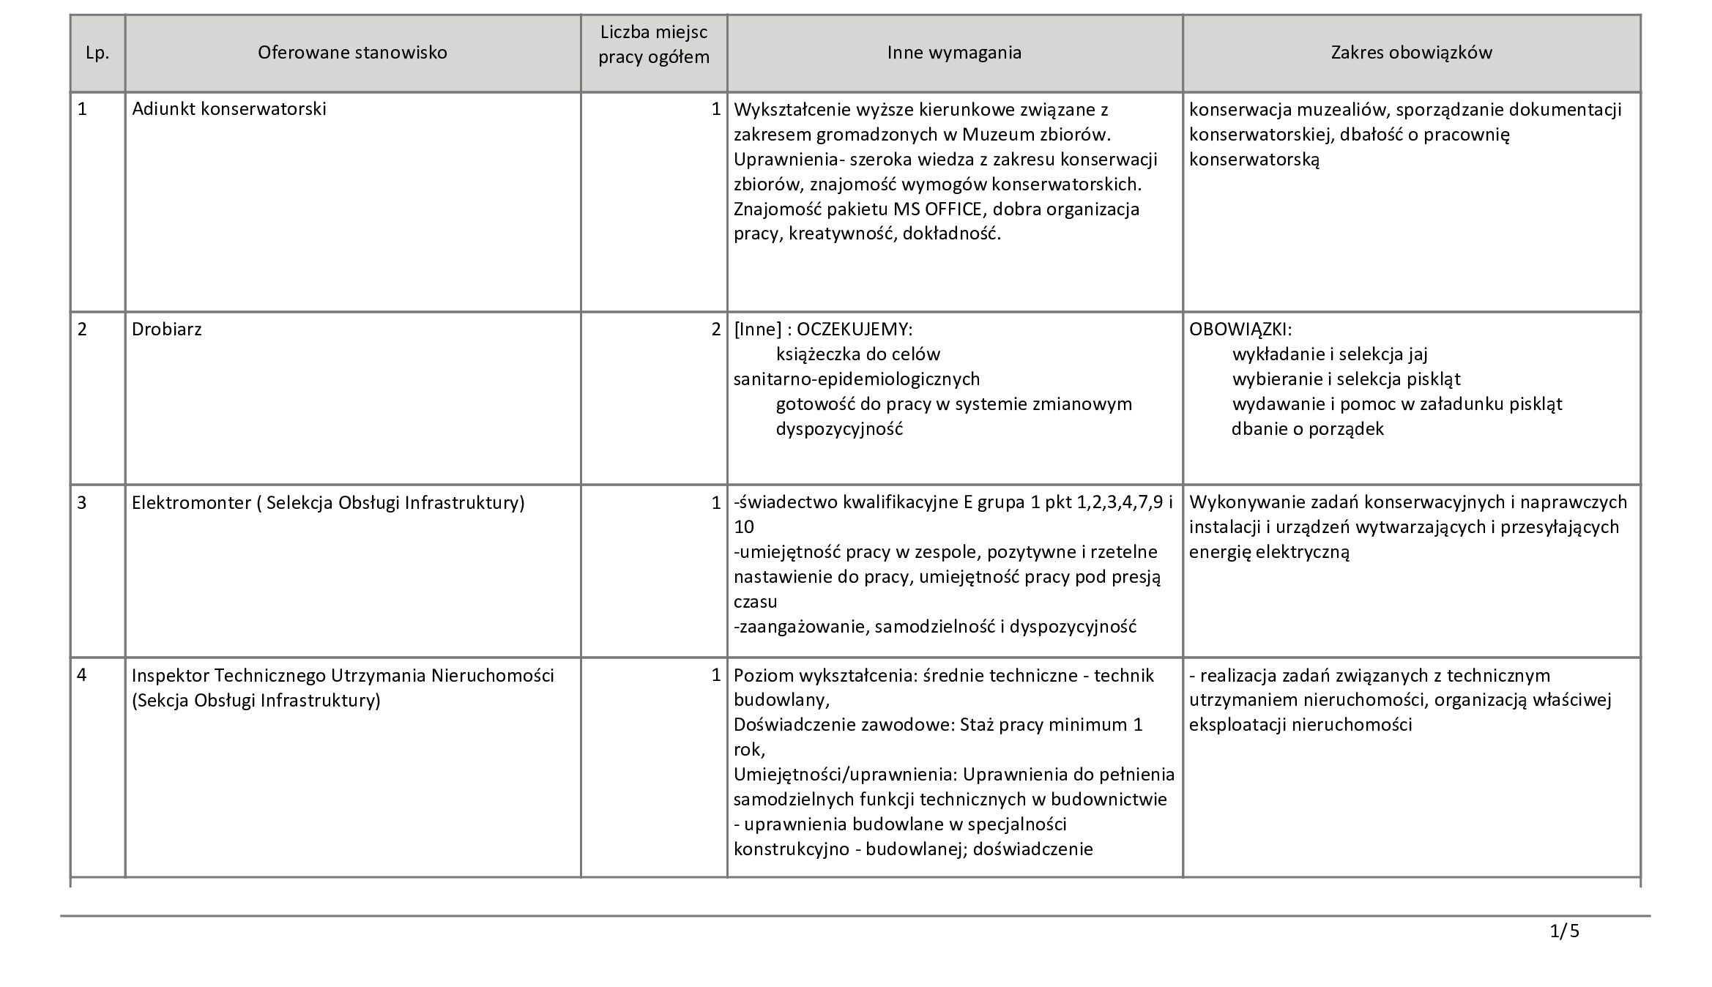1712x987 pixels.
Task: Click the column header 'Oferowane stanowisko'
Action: coord(352,53)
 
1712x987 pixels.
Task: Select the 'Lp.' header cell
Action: coord(97,53)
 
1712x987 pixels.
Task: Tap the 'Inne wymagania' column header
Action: coord(954,53)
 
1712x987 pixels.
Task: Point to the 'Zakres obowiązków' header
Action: coord(1411,53)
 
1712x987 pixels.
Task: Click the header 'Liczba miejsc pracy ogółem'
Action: coord(654,45)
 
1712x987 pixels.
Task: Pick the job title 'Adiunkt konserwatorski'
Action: coord(229,109)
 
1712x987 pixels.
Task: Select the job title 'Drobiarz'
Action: coord(167,329)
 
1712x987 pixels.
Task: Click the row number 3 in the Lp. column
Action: coord(82,502)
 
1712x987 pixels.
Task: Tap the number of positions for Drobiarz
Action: coord(715,329)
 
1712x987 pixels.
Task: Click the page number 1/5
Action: coord(1564,931)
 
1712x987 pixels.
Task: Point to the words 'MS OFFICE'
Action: coord(937,209)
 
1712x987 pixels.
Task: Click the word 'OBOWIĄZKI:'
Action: coord(1240,329)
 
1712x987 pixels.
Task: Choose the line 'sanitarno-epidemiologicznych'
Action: coord(857,379)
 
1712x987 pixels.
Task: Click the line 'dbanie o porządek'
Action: coord(1308,429)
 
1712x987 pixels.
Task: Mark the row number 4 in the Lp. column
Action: coord(82,675)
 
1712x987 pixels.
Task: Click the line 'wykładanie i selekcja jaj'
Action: coord(1330,354)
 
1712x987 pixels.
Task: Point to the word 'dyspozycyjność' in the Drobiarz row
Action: coord(839,429)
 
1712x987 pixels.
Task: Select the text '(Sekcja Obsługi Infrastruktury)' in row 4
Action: coord(256,701)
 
